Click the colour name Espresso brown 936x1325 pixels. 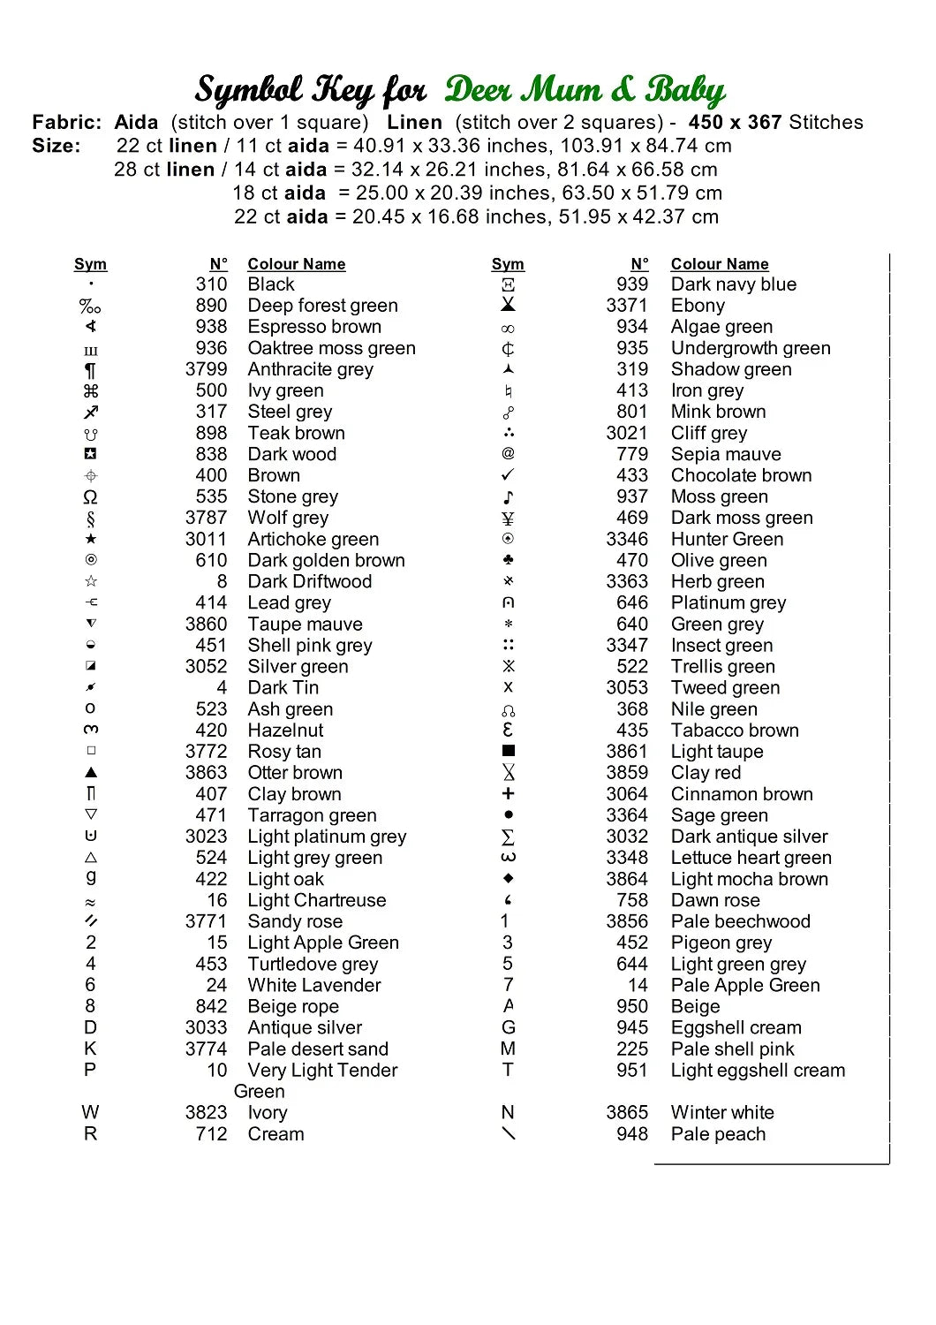click(x=314, y=327)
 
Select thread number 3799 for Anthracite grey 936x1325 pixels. click(x=206, y=369)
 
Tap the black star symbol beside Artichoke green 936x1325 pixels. click(x=91, y=539)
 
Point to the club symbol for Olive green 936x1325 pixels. click(x=508, y=560)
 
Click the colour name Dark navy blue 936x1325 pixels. click(x=733, y=284)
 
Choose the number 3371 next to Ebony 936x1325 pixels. click(x=626, y=306)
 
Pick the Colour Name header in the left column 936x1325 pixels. click(x=296, y=264)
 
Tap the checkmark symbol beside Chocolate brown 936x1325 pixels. click(x=508, y=475)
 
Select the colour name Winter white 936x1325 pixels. click(x=721, y=1112)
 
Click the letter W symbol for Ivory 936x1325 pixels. click(x=90, y=1112)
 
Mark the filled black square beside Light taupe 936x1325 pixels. click(x=508, y=751)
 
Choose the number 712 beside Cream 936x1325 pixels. click(x=211, y=1133)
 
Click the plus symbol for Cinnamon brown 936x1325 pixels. click(x=508, y=793)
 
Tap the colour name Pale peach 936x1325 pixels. click(x=718, y=1133)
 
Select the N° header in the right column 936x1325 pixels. click(x=639, y=264)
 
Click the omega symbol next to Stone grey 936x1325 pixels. click(x=90, y=496)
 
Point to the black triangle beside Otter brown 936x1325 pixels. click(x=91, y=772)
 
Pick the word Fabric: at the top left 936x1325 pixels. click(x=66, y=122)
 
